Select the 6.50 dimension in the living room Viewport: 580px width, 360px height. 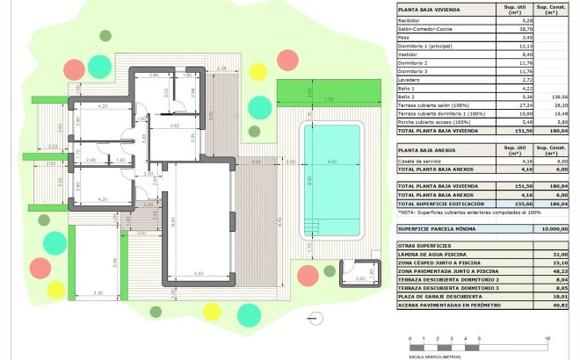(x=199, y=274)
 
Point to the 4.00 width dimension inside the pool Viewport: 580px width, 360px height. (x=330, y=163)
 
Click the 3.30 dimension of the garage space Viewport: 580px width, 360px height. (x=98, y=292)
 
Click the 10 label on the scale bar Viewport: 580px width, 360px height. (x=547, y=338)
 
